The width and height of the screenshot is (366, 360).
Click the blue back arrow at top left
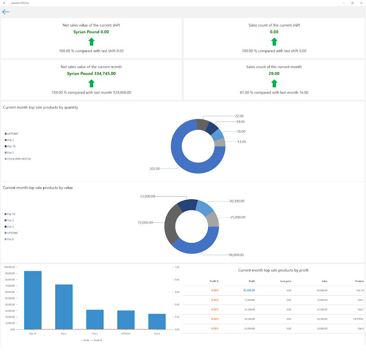click(x=6, y=12)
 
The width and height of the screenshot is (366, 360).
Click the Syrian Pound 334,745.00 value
click(x=91, y=73)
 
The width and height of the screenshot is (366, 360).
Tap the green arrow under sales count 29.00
click(x=274, y=83)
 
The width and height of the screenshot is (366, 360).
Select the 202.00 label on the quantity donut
click(x=154, y=169)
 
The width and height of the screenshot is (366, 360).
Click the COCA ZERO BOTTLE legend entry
click(x=19, y=159)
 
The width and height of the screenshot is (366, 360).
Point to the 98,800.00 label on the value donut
click(x=236, y=255)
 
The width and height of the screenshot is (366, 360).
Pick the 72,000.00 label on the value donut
click(x=145, y=223)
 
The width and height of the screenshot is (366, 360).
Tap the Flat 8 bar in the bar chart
click(x=157, y=321)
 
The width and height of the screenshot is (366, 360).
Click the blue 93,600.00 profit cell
click(x=249, y=290)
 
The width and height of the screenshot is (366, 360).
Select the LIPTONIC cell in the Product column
click(x=358, y=319)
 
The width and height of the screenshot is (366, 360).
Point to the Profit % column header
click(x=214, y=281)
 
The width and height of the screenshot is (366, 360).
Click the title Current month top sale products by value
click(x=38, y=188)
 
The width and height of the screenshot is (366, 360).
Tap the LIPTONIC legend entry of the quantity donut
click(x=13, y=134)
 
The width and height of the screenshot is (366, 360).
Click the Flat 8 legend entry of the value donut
click(x=10, y=239)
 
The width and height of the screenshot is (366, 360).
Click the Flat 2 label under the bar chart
click(x=64, y=333)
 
